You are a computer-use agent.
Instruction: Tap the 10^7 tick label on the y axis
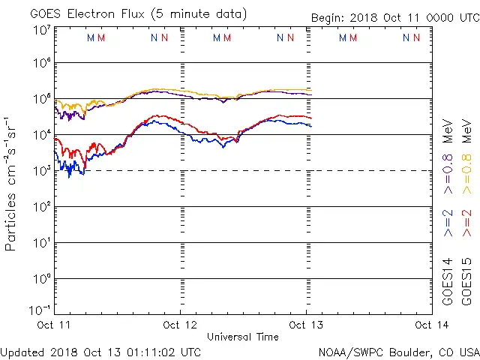coord(41,29)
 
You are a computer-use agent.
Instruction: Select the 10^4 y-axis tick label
coord(41,134)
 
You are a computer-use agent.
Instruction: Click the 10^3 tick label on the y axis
coord(41,170)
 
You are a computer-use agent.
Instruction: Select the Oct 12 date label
coord(181,325)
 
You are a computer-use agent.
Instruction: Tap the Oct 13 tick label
coord(305,325)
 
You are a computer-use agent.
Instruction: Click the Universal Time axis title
coord(243,337)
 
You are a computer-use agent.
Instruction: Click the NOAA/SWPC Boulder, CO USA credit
coord(397,351)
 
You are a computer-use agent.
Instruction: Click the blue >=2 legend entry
coord(448,223)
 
